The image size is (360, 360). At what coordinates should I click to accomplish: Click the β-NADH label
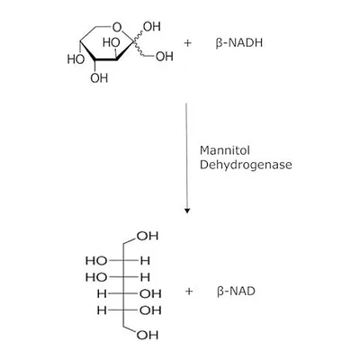click(x=239, y=43)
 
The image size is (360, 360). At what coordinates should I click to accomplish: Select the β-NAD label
click(x=236, y=291)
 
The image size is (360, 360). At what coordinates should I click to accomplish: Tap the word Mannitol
click(x=225, y=150)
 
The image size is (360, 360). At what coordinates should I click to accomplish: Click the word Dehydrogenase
click(x=246, y=165)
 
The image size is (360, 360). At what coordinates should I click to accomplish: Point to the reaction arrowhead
click(x=187, y=211)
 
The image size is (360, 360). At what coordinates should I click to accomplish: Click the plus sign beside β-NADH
click(x=187, y=43)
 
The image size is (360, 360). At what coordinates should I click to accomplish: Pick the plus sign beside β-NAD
click(x=189, y=291)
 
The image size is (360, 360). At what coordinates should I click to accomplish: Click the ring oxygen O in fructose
click(x=117, y=27)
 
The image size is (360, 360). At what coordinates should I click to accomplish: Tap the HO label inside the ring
click(x=112, y=42)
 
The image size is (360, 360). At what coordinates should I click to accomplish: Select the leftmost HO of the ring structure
click(x=76, y=59)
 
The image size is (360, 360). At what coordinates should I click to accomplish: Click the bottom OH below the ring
click(x=99, y=78)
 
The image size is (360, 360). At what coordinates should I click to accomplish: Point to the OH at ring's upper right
click(x=152, y=27)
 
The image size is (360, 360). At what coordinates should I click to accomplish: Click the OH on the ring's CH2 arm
click(x=165, y=56)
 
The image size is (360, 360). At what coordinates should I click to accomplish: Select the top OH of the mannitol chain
click(x=148, y=236)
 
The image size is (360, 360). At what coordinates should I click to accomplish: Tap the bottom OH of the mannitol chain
click(x=148, y=335)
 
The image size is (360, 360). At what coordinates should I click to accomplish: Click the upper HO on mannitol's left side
click(x=96, y=260)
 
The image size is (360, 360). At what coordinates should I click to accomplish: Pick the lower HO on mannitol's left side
click(x=96, y=277)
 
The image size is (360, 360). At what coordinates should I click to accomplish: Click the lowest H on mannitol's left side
click(x=102, y=310)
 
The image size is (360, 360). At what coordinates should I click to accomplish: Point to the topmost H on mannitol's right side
click(x=145, y=260)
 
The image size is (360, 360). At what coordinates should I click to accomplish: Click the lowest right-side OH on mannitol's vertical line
click(x=150, y=310)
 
